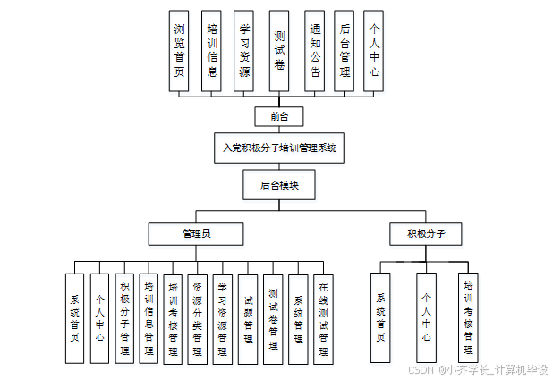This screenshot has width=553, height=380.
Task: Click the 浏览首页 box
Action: (x=180, y=51)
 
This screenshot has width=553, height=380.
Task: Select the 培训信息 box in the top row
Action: (x=212, y=51)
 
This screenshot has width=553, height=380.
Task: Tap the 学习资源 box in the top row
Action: (x=244, y=51)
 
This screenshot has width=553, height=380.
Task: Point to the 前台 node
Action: (x=279, y=116)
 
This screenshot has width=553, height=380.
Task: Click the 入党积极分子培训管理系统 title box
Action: (x=279, y=148)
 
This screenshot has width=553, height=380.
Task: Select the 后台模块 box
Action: (x=279, y=185)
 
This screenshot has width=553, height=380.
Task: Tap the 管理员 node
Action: (x=196, y=233)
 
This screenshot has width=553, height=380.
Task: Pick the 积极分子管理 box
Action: (x=124, y=318)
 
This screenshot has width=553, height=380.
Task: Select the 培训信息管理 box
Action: (x=149, y=318)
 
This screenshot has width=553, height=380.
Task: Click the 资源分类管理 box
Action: (x=199, y=318)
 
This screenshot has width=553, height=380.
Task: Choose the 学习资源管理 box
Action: (x=224, y=318)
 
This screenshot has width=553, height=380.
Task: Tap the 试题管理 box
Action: (x=248, y=318)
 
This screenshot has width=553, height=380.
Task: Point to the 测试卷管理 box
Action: (x=273, y=318)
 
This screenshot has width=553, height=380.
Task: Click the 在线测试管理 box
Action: (x=323, y=318)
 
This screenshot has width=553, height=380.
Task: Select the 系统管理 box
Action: (x=299, y=318)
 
